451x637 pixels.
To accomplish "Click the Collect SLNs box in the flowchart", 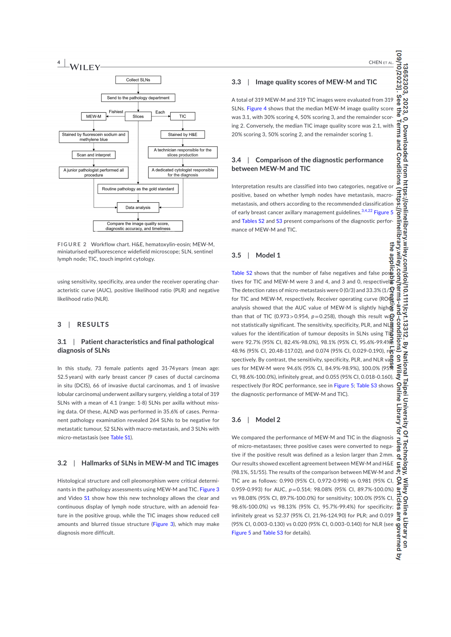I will [x=138, y=80].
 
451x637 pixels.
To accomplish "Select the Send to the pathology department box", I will [x=138, y=98].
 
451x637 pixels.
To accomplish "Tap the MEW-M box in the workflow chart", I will [x=93, y=116].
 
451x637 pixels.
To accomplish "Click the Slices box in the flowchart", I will [x=138, y=116].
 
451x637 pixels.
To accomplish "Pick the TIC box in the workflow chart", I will [x=183, y=116].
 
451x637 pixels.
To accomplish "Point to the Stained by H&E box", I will [x=183, y=134].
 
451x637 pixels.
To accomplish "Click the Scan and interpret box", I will [x=93, y=155].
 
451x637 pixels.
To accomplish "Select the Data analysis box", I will [x=138, y=208].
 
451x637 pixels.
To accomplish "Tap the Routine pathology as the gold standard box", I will [x=138, y=189].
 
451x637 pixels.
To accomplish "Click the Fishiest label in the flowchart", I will [x=116, y=112].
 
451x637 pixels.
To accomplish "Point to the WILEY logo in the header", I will [x=85, y=67].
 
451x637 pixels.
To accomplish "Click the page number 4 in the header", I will [x=59, y=63].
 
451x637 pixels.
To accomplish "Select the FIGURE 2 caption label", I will [x=72, y=244].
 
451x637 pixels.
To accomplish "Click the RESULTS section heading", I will [x=93, y=324].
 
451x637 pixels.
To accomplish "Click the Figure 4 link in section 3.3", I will [x=257, y=109].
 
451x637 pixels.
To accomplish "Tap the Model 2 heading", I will [x=268, y=420].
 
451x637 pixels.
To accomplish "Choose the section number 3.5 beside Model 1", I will [x=236, y=255].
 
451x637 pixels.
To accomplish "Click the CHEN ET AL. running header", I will [x=381, y=63].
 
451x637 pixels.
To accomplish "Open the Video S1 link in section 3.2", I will [x=87, y=498].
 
